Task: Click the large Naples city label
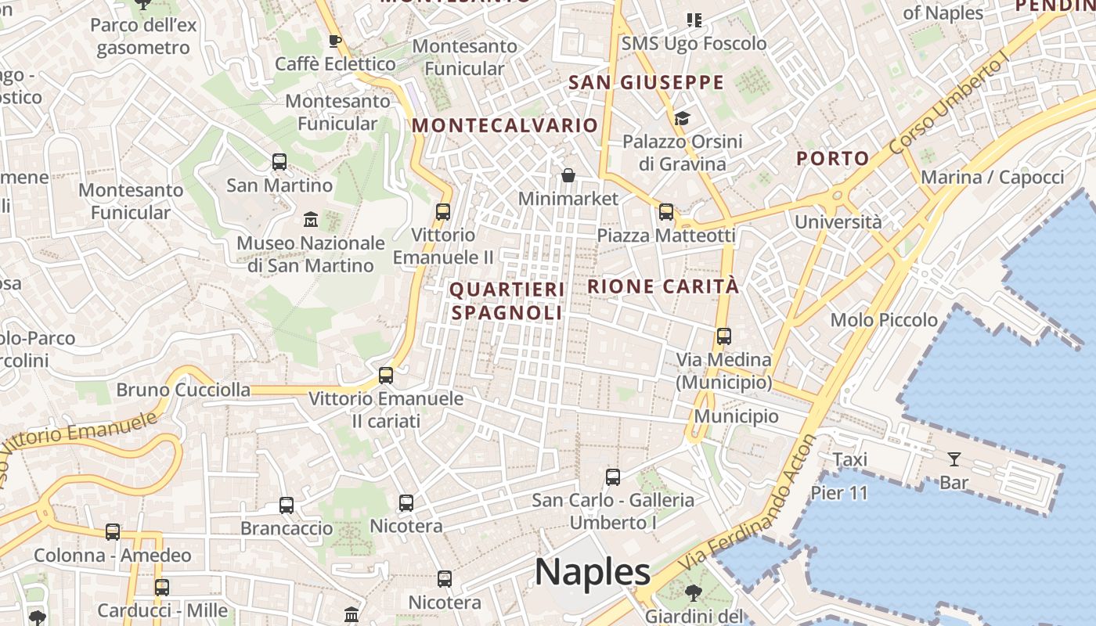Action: pos(592,572)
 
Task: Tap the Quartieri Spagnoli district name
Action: pos(507,301)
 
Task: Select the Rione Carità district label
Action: pos(663,286)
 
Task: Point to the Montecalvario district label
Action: pos(505,125)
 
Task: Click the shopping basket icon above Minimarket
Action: pos(568,175)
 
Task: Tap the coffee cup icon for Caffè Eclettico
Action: pos(335,41)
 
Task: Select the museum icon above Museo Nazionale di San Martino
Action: pos(310,219)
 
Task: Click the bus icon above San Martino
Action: pos(279,162)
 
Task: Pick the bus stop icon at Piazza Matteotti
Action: pos(666,211)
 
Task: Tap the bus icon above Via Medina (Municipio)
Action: pos(724,336)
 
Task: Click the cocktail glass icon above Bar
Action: pos(954,459)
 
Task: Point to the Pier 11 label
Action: pos(839,493)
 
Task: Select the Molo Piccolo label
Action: pos(884,319)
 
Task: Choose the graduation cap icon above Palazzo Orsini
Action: pos(682,118)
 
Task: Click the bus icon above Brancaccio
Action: pos(287,505)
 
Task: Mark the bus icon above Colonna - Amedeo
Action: pos(113,532)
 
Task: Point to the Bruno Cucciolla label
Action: pos(183,390)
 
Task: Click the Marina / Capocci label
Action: pos(992,177)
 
